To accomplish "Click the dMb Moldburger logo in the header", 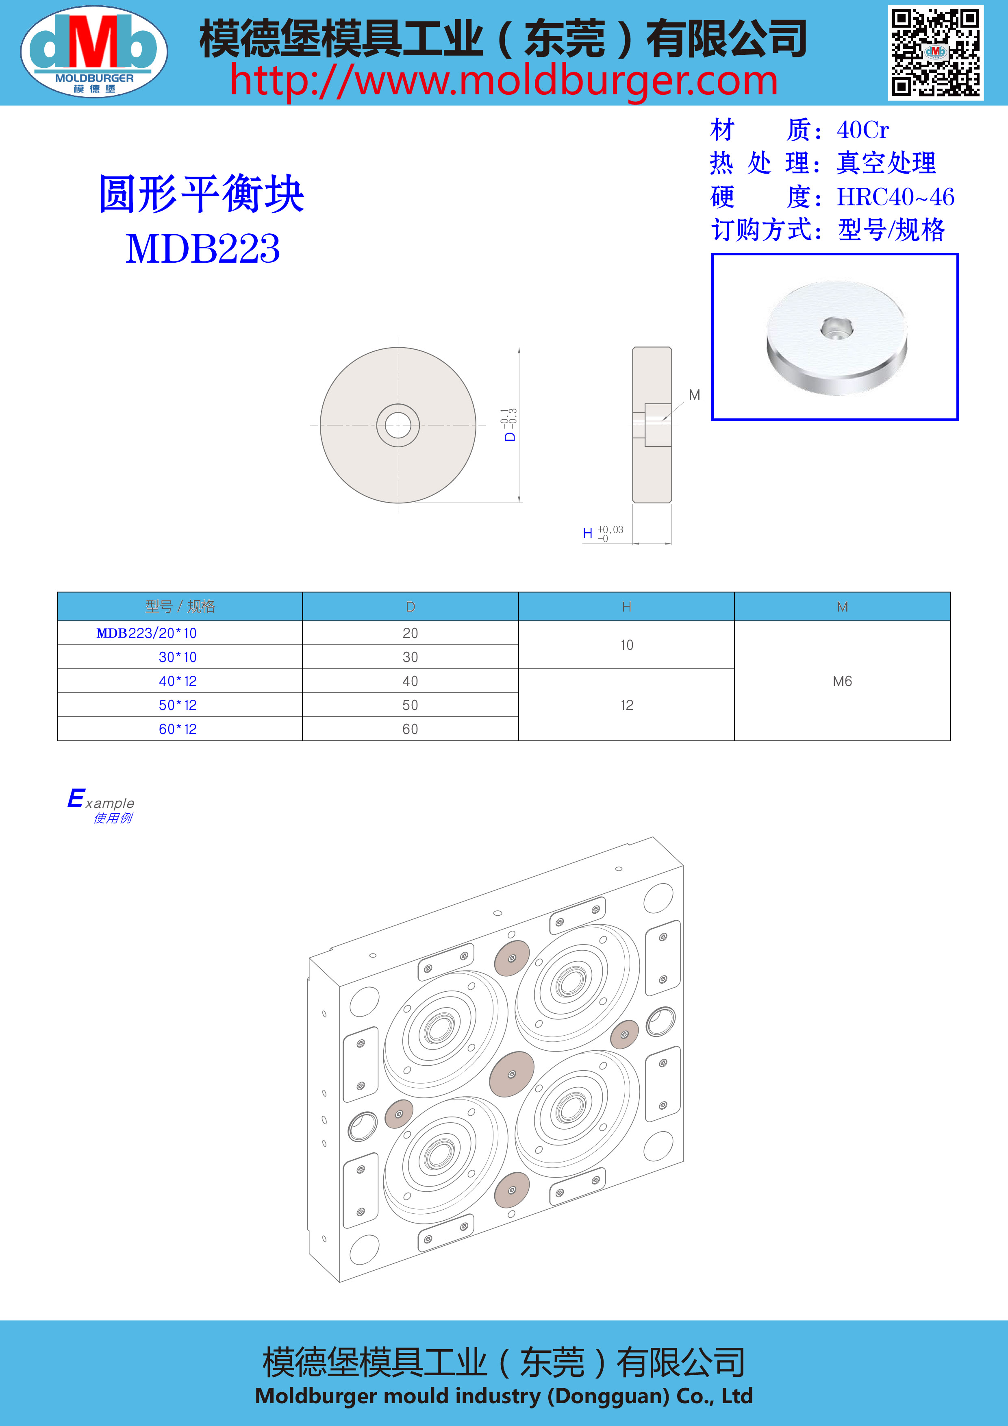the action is coord(94,52).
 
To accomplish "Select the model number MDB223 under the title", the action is coord(203,248).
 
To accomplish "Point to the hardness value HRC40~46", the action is coord(896,197).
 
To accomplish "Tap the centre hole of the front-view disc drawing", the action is coord(398,425).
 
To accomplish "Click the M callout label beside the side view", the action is coord(695,395).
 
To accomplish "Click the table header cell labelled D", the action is coord(410,607).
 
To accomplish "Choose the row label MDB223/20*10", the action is coord(146,633).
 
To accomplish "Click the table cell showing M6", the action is coord(842,681).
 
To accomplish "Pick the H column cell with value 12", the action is coord(627,705).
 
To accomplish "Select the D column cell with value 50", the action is coord(410,705).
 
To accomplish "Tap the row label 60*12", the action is coord(178,729).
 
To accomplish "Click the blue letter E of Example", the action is coord(76,798).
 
